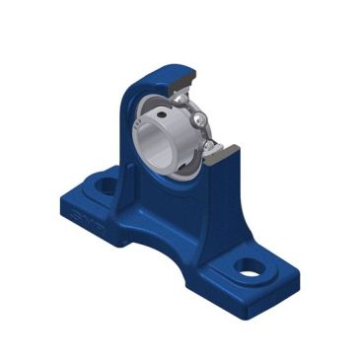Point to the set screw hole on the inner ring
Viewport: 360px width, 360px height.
point(200,118)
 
